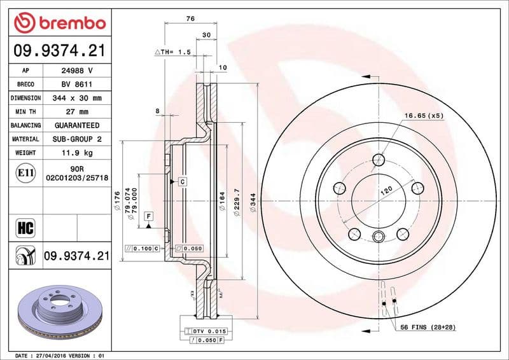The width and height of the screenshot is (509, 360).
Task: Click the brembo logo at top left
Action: [x=59, y=24]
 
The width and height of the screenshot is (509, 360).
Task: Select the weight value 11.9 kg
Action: [x=77, y=153]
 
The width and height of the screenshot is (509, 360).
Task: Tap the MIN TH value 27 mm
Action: [x=77, y=112]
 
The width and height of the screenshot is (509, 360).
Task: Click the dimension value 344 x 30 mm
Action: [x=77, y=98]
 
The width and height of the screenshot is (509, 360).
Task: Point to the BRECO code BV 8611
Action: [x=77, y=85]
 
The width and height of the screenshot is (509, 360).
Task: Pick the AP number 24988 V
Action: [x=77, y=71]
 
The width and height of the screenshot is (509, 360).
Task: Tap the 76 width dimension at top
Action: [x=190, y=19]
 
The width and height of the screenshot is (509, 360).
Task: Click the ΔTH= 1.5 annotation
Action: [x=172, y=52]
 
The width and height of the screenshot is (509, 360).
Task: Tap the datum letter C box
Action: [x=182, y=182]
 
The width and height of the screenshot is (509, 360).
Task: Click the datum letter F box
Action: [x=148, y=216]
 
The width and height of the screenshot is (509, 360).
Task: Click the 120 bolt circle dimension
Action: [x=386, y=191]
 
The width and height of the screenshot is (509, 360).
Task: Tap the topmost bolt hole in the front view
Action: [x=379, y=160]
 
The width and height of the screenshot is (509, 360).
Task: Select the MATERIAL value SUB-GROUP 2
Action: [x=77, y=139]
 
